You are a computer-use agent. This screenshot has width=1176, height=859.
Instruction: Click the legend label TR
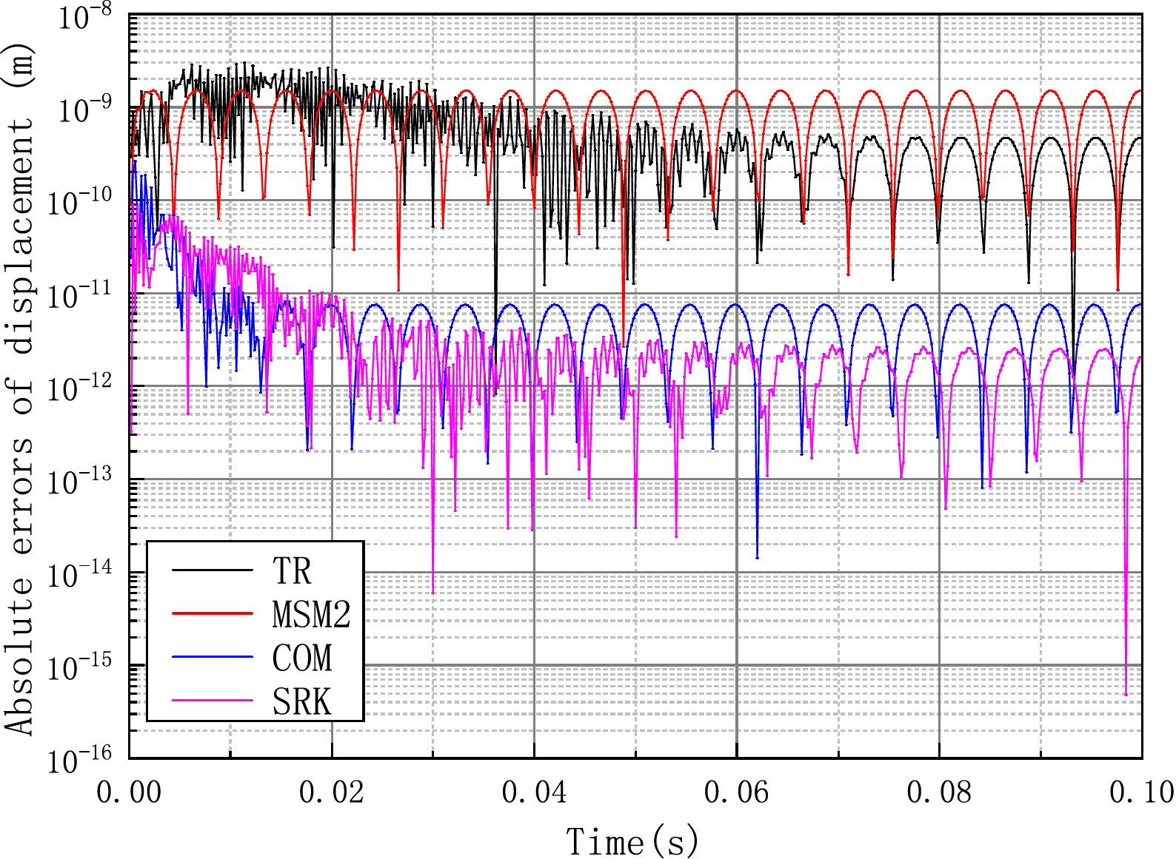coord(292,570)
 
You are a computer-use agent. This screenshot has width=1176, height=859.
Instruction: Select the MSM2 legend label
coord(311,614)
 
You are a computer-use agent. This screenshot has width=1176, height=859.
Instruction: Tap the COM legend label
coord(302,658)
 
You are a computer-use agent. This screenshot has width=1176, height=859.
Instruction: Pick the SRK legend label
coord(302,701)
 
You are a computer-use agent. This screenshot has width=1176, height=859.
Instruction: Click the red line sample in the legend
coord(213,613)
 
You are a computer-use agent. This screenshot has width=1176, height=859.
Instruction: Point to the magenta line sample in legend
coord(213,701)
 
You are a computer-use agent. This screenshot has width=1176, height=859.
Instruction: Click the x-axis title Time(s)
coord(633,842)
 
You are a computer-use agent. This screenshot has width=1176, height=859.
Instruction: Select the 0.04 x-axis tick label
coord(534,792)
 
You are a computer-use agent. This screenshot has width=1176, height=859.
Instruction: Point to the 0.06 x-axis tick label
coord(736,792)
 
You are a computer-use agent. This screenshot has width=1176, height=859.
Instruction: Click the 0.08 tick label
coord(939,792)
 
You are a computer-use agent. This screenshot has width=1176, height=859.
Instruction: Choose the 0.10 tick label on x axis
coord(1140,792)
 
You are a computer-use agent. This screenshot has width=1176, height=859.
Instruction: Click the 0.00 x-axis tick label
coord(129,792)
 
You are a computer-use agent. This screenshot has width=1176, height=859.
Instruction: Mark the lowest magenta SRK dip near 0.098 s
coord(1126,694)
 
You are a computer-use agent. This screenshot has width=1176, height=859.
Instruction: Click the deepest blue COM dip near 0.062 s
coord(757,557)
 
